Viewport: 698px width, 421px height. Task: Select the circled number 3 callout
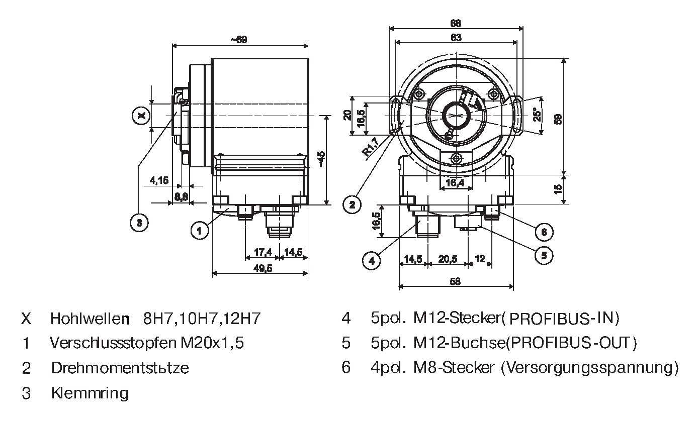tap(139, 222)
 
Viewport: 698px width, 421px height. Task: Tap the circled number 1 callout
tap(200, 231)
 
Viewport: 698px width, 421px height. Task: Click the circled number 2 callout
tap(353, 203)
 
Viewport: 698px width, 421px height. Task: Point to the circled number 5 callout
tap(544, 255)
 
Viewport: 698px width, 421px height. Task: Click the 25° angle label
tap(538, 115)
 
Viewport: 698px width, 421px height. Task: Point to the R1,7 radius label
tap(371, 149)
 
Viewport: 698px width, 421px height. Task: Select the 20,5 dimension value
tap(448, 259)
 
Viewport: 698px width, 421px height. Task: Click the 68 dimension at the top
tap(456, 23)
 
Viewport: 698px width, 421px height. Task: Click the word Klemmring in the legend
tap(90, 393)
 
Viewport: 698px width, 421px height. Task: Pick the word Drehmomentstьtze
tap(120, 368)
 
